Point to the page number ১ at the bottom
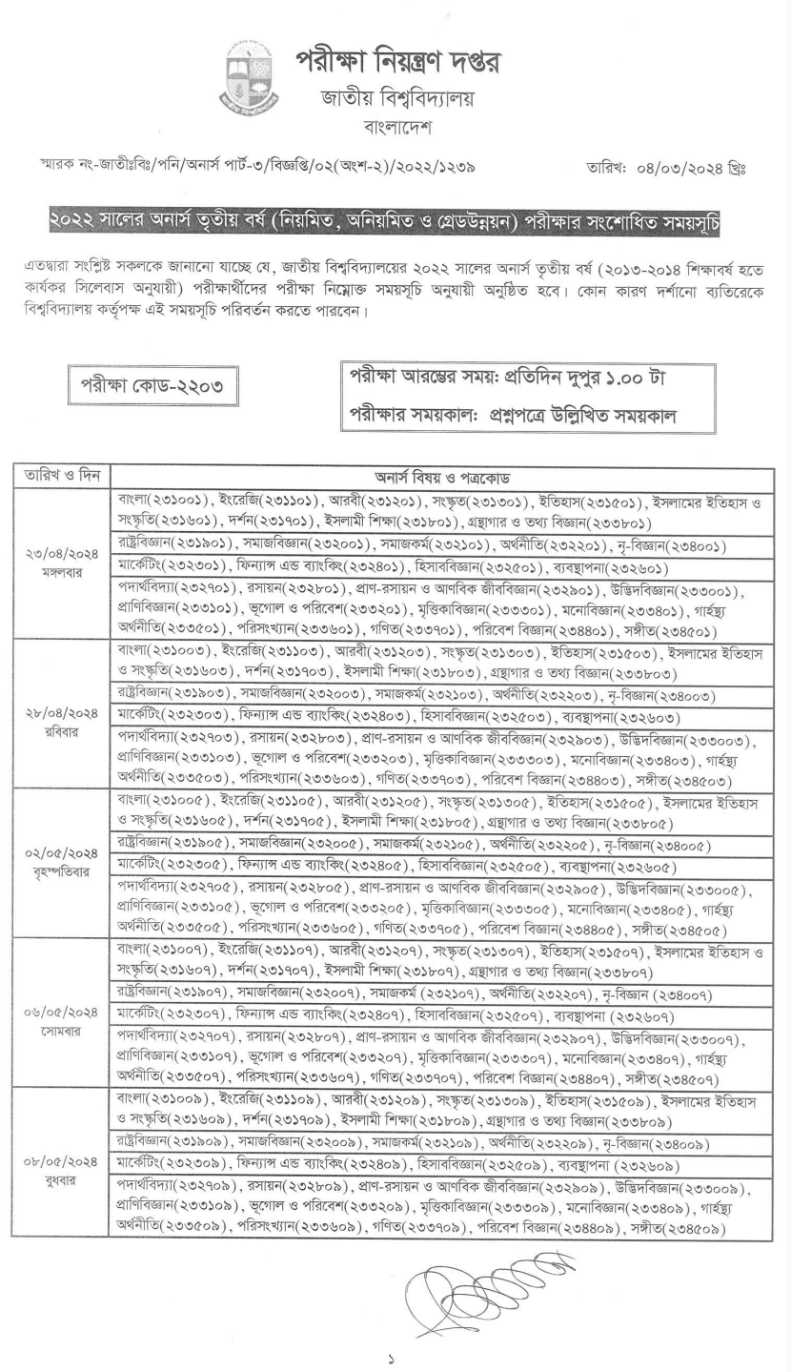[x=395, y=1351]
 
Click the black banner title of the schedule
[x=395, y=226]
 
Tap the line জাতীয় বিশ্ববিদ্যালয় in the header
[x=396, y=97]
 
